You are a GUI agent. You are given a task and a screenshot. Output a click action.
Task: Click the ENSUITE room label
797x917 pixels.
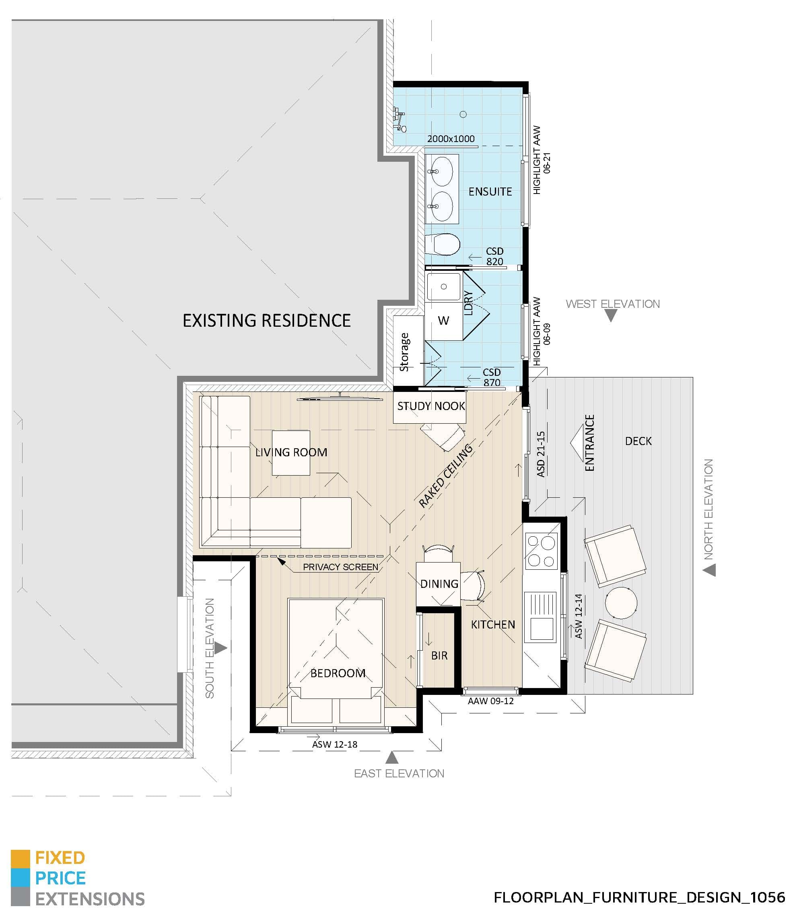[x=490, y=192]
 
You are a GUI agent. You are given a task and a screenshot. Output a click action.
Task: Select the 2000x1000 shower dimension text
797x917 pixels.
[x=451, y=139]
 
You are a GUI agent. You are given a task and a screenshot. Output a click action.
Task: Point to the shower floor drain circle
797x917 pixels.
[x=463, y=114]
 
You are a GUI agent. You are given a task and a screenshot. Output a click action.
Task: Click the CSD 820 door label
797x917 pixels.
[x=494, y=257]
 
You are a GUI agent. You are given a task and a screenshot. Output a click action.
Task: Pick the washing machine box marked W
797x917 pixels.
[x=443, y=321]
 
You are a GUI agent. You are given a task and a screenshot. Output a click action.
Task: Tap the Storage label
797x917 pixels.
[x=404, y=352]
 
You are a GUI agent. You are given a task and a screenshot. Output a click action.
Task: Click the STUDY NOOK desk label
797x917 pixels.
[x=430, y=406]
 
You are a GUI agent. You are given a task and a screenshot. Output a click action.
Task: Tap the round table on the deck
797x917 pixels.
[x=621, y=603]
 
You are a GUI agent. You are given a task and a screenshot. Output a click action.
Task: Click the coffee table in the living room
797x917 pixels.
[x=291, y=453]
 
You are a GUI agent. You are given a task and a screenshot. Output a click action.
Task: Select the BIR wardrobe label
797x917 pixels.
[x=439, y=655]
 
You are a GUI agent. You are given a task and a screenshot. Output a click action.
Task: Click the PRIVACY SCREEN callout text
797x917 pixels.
[x=340, y=567]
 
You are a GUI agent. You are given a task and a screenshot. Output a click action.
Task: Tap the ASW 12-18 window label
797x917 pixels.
[x=334, y=744]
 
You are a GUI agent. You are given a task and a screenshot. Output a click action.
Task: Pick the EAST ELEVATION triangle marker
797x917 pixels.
[x=391, y=757]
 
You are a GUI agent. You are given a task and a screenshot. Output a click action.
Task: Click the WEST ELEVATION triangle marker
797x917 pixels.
[x=611, y=315]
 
